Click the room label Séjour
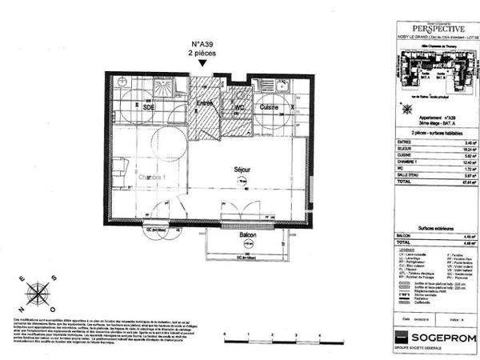click(240, 170)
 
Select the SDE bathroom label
click(150, 107)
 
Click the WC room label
click(238, 107)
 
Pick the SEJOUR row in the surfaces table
click(409, 150)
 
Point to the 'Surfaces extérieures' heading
click(430, 226)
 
